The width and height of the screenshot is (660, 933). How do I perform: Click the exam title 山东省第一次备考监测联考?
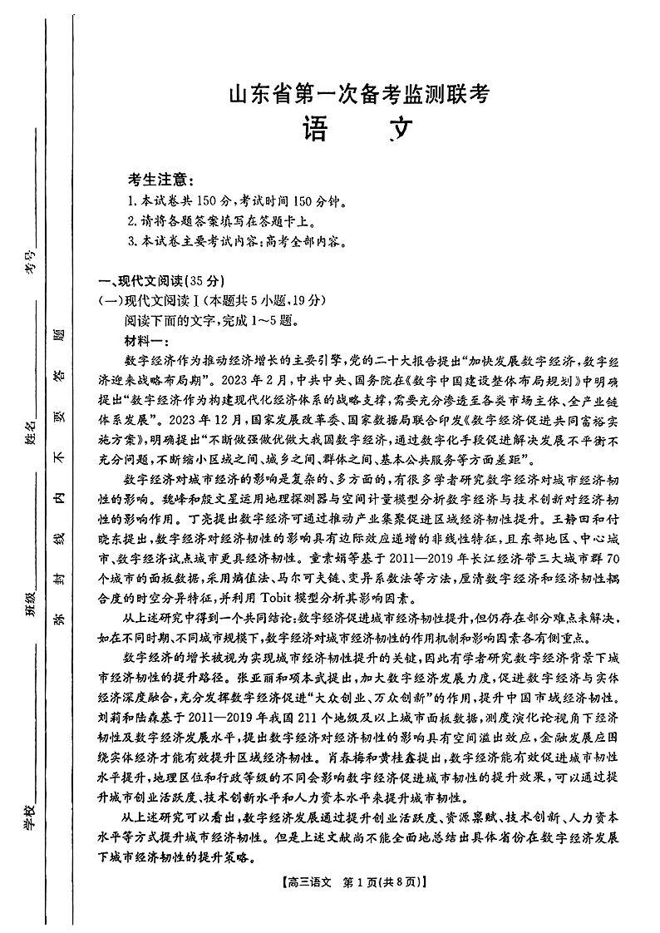click(x=357, y=95)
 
